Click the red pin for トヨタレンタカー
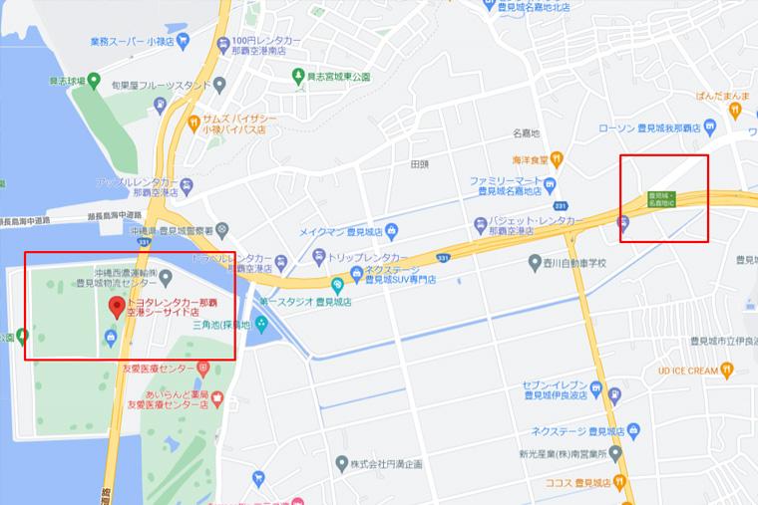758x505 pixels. coord(116,306)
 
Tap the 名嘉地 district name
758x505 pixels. coord(526,132)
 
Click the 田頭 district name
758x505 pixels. coord(419,164)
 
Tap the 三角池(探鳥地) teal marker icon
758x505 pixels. coord(260,325)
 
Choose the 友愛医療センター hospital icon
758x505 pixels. coord(203,367)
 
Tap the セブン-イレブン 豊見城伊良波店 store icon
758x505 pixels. coord(595,390)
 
